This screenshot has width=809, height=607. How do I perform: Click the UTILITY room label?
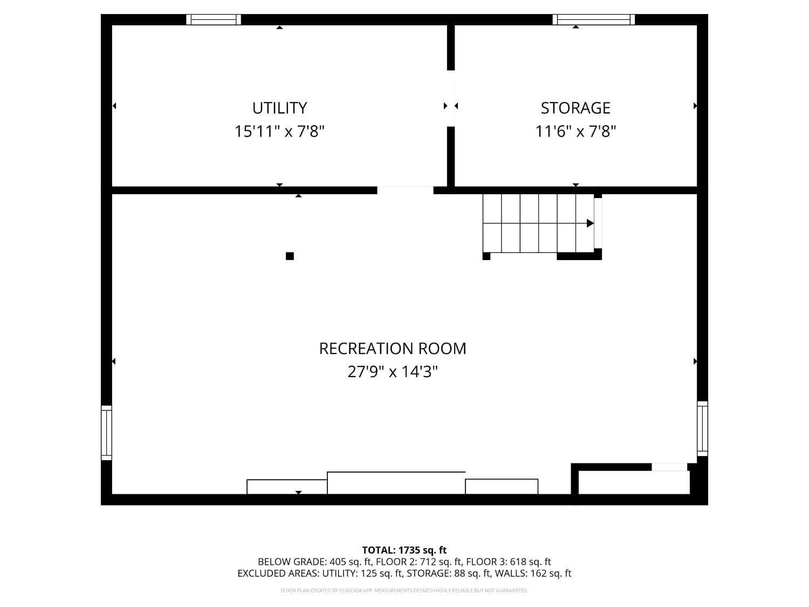coord(279,108)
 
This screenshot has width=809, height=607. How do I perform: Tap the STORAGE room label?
coord(575,108)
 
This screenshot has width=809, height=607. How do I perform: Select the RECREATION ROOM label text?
coord(393,349)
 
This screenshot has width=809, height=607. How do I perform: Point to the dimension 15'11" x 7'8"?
coord(279,131)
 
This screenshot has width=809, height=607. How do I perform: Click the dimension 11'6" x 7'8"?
coord(575,131)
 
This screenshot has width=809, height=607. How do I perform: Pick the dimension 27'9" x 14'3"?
coord(393,372)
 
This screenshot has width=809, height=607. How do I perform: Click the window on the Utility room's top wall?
coord(214,20)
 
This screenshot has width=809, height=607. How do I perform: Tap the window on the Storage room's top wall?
coord(594,20)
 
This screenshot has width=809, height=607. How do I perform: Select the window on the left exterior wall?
coord(107,433)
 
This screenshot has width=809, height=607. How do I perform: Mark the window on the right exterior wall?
coord(702,428)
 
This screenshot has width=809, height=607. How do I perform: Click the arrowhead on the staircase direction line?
coord(590,223)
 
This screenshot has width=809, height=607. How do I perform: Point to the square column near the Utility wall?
coord(290,256)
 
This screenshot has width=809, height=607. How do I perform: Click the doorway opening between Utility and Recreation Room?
coord(405,190)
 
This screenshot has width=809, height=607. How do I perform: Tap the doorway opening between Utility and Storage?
coord(451,98)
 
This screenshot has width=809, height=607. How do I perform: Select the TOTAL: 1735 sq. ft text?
coord(404,550)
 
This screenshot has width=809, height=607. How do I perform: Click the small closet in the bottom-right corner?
coord(634,482)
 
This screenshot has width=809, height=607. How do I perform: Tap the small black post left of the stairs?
coord(486,256)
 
